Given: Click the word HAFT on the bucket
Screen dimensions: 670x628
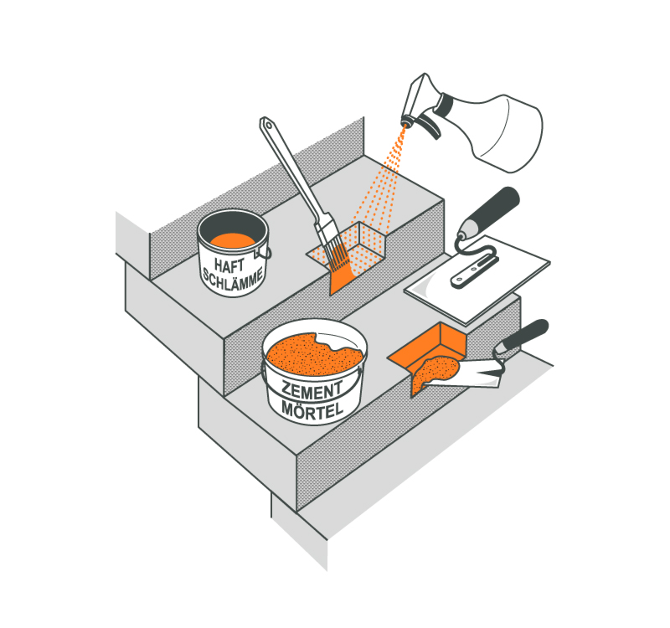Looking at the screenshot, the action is tap(229, 265).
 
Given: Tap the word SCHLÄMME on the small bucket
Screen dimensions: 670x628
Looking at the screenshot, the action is tap(233, 280).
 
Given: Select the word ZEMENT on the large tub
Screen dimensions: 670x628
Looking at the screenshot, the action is tap(312, 390).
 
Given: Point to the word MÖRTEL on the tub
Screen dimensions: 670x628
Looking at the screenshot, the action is tap(312, 410).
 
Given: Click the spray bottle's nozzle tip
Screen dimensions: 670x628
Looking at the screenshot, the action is tap(406, 121).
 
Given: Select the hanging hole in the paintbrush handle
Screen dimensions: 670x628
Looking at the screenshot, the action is tap(268, 125).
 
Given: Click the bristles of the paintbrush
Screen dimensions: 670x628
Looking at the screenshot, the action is tap(337, 255).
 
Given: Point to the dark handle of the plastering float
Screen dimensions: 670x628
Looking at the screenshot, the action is tap(492, 209).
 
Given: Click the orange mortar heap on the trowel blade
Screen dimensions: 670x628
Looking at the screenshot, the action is tap(433, 372).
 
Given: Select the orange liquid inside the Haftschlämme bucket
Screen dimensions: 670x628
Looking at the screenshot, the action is tap(233, 240).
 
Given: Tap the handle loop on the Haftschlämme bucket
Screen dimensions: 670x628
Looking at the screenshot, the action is tap(264, 253).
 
